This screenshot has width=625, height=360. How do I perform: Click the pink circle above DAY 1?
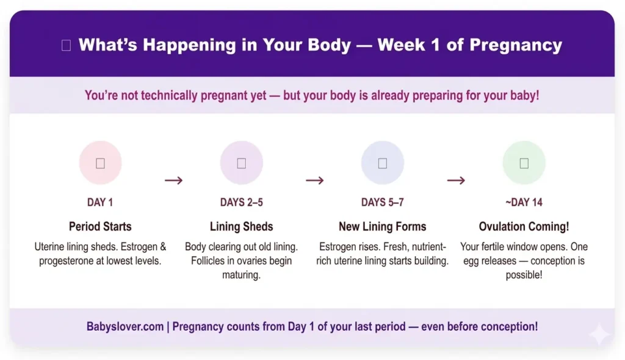[x=100, y=163]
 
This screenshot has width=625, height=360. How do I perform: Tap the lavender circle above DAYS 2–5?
[x=241, y=163]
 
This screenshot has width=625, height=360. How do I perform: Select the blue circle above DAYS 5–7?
[x=382, y=163]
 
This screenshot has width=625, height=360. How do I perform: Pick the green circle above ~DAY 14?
[x=524, y=163]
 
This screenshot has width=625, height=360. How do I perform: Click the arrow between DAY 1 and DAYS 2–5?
[x=173, y=180]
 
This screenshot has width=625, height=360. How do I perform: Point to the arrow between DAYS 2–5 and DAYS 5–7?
[x=314, y=180]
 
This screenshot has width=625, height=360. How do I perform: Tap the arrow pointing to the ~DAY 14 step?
[x=456, y=180]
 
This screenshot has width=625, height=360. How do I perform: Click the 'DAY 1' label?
[x=100, y=203]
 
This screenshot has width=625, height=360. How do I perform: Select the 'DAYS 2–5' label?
[x=241, y=203]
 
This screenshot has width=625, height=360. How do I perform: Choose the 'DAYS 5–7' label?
[x=382, y=203]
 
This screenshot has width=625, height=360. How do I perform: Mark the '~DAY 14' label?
[x=524, y=203]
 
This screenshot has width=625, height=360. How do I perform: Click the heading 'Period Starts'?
[x=100, y=226]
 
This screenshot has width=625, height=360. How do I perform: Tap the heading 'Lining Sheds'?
[x=241, y=226]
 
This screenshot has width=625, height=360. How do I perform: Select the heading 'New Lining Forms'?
[x=382, y=226]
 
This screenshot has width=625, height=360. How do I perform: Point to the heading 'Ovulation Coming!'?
[x=524, y=226]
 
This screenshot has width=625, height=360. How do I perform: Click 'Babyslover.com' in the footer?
[x=125, y=326]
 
